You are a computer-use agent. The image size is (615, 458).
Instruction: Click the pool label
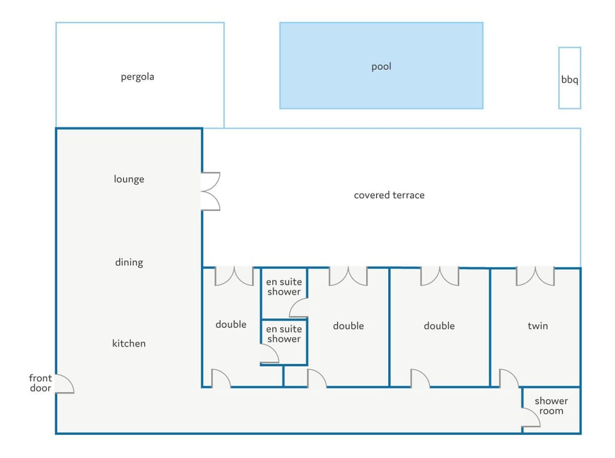click(381, 67)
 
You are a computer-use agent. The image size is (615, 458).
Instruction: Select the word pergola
click(138, 77)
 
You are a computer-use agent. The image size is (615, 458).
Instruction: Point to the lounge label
click(129, 179)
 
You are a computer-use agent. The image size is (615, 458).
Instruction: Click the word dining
click(129, 262)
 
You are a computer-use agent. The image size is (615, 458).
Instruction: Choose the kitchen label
click(129, 343)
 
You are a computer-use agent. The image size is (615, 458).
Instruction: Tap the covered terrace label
click(389, 195)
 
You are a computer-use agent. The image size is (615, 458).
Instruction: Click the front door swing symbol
click(64, 384)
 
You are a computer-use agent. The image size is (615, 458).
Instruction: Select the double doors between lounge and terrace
click(210, 191)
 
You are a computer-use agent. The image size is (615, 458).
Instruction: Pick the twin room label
click(537, 325)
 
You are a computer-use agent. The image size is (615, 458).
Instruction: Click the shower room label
click(551, 405)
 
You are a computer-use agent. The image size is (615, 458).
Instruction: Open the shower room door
click(531, 418)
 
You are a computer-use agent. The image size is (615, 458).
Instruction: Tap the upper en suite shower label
click(284, 286)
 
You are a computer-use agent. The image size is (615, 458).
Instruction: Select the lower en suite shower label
click(284, 334)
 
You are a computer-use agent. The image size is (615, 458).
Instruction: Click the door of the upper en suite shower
click(299, 309)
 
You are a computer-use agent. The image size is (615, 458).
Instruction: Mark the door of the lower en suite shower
click(270, 354)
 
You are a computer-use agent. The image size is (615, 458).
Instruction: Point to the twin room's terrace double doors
click(536, 275)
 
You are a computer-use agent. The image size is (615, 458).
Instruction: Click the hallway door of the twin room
click(509, 379)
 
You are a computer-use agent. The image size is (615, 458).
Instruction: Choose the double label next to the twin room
click(439, 325)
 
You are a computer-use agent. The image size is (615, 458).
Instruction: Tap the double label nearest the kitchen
click(231, 324)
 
